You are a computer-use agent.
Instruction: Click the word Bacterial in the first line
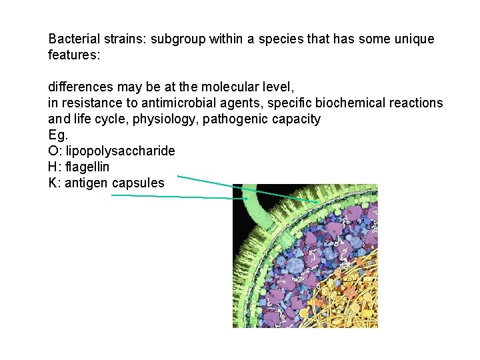(x=73, y=39)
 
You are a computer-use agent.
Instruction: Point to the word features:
(x=74, y=55)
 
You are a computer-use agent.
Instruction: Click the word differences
(x=79, y=87)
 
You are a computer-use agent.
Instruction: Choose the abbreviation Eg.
(x=58, y=135)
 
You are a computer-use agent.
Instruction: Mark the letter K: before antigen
(x=55, y=183)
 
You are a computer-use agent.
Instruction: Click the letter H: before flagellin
(x=55, y=167)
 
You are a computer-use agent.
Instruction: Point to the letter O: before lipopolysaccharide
(x=55, y=151)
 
